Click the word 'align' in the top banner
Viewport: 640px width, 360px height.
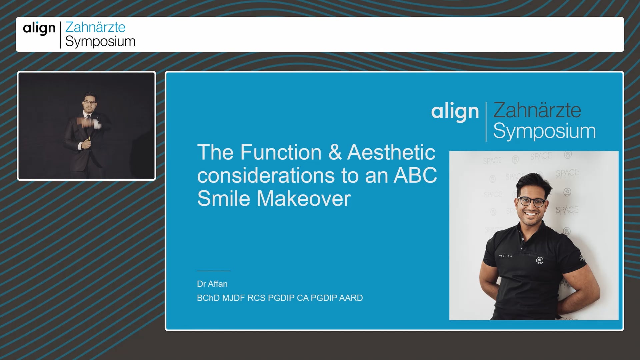[39, 29]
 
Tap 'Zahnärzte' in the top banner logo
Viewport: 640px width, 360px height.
[95, 27]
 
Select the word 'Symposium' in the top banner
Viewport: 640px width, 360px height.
[100, 41]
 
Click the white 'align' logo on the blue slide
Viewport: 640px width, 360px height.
[455, 112]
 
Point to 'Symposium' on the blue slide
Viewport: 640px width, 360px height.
[544, 131]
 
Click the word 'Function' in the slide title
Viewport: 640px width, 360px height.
[281, 152]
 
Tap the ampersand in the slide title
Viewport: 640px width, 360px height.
[335, 152]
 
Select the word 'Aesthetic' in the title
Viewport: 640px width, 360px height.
[391, 152]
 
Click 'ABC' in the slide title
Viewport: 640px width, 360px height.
[415, 175]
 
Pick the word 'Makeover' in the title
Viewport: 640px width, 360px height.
[304, 199]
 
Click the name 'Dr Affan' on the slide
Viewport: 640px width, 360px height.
[212, 284]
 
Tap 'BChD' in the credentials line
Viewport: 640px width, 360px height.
[208, 298]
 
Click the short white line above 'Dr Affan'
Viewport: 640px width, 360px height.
[213, 271]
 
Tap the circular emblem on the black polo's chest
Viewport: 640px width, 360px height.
[540, 261]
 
